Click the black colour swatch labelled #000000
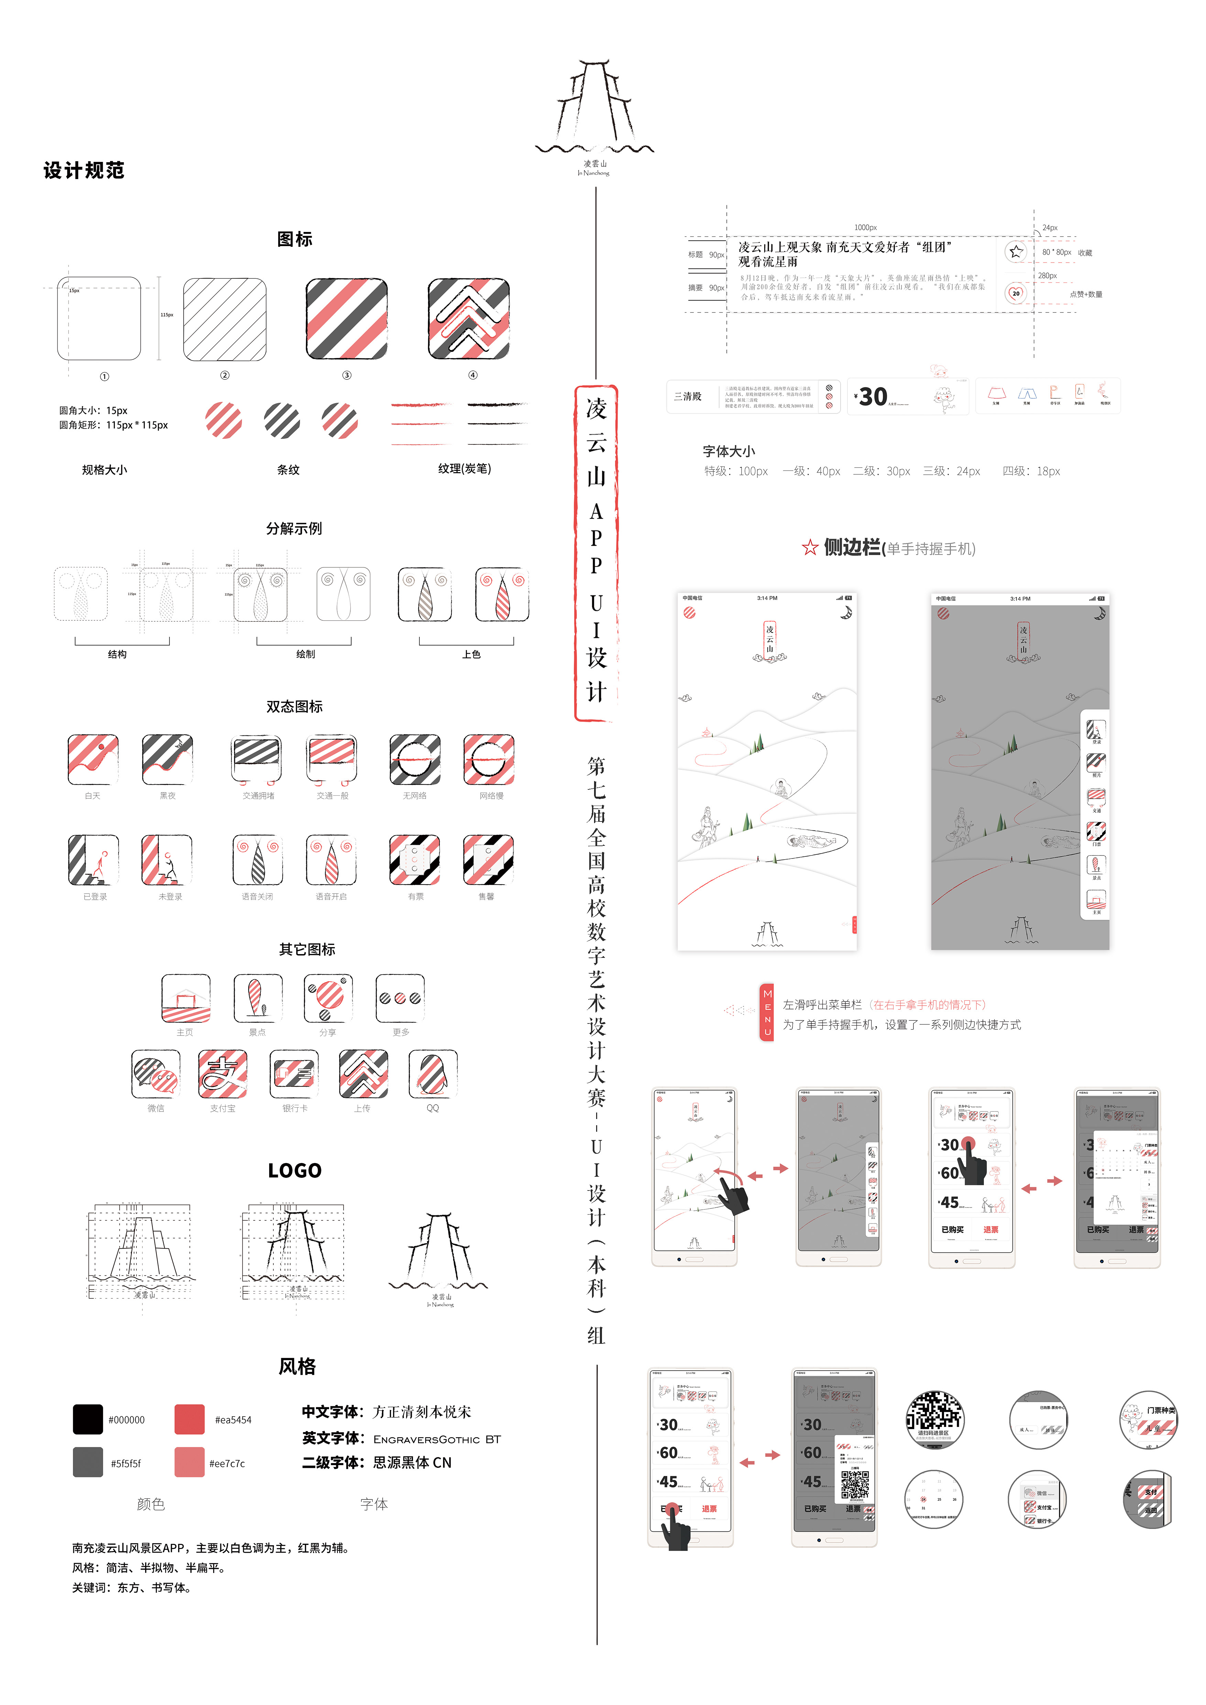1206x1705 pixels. pos(88,1419)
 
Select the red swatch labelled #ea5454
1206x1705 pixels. pos(189,1419)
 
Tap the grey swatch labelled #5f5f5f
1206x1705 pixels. pos(88,1462)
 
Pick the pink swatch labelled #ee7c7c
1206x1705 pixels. pos(189,1462)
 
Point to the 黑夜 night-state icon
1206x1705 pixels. pos(168,759)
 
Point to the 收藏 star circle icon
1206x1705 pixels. pos(1016,252)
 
